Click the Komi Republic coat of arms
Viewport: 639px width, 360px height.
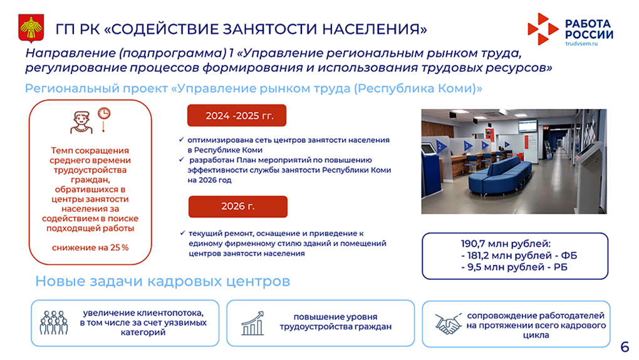tap(31, 28)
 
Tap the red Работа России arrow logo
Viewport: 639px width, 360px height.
tap(543, 29)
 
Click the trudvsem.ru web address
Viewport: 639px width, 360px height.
tap(581, 44)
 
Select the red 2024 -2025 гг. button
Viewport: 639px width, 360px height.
tap(237, 116)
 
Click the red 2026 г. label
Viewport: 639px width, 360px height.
tap(238, 207)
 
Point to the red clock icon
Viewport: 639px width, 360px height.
tap(104, 113)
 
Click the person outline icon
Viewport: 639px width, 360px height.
tap(81, 122)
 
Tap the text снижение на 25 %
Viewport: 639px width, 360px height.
tap(90, 247)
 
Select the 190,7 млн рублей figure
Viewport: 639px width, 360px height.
tap(506, 244)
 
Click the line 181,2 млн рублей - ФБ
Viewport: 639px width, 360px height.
tap(519, 255)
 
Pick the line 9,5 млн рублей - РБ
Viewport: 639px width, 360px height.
tap(514, 267)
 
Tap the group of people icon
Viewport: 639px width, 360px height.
tap(54, 323)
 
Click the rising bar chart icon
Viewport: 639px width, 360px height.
tap(252, 323)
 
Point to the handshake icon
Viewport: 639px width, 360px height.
tap(448, 324)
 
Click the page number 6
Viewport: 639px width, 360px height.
tap(625, 347)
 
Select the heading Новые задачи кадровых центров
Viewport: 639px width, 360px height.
tap(163, 281)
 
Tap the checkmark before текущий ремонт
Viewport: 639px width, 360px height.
tap(182, 234)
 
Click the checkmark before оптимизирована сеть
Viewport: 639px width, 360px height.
tap(181, 140)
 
